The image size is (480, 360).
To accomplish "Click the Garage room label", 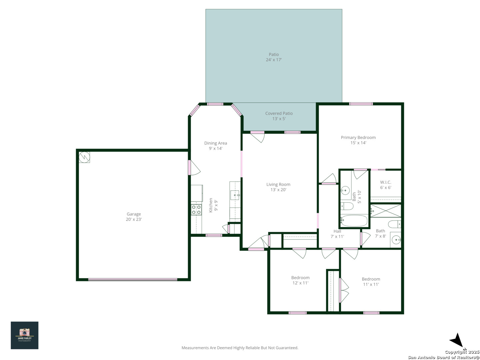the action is click(x=134, y=214).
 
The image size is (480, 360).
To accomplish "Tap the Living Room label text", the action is click(x=278, y=184).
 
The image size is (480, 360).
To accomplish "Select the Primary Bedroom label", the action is click(x=358, y=137).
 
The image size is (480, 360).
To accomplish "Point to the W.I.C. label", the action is click(x=386, y=182).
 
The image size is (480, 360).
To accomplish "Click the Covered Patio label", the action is click(x=279, y=113).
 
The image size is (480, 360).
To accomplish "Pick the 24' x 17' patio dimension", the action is click(x=274, y=60).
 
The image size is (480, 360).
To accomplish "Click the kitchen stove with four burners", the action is click(x=196, y=210).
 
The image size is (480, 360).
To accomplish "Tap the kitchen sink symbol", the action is click(x=235, y=195).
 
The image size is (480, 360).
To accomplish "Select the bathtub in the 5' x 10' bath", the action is click(x=354, y=221).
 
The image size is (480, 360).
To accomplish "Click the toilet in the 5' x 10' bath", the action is click(x=347, y=206).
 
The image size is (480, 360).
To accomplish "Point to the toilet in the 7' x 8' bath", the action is click(x=394, y=224).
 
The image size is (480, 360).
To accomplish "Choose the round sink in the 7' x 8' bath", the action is click(x=396, y=240).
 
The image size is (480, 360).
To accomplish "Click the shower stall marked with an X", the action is click(x=386, y=211).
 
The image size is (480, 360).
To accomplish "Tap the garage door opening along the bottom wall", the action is click(x=133, y=280).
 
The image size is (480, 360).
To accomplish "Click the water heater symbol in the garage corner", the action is click(x=84, y=157).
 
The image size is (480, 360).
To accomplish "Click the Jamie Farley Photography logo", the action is click(x=24, y=335).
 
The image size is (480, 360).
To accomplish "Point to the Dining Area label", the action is click(x=215, y=143).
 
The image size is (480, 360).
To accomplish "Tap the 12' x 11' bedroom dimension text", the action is click(x=300, y=283).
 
